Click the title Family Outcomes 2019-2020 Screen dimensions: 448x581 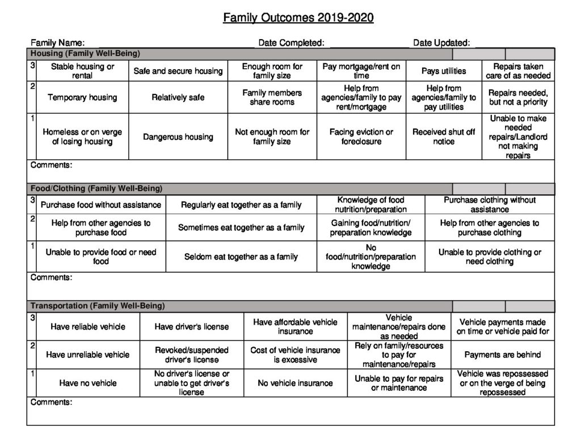[298, 18]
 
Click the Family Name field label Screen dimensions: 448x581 [58, 42]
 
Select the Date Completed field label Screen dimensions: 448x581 [291, 42]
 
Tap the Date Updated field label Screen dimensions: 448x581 [441, 42]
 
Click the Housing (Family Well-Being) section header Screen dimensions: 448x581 [85, 54]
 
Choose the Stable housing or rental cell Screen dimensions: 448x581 [82, 71]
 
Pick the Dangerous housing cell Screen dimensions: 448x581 [178, 136]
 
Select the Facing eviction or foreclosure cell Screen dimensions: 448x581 [361, 136]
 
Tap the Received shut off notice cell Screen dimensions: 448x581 [444, 136]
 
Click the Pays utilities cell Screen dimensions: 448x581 [444, 71]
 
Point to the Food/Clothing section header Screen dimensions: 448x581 [96, 189]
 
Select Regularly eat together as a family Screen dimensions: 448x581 [241, 204]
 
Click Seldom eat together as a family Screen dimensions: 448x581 [241, 257]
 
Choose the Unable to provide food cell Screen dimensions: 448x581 [100, 257]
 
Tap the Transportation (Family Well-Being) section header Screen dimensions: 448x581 [98, 306]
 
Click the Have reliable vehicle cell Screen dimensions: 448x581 [88, 326]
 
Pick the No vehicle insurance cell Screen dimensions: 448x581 [295, 383]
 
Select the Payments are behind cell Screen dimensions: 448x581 [503, 355]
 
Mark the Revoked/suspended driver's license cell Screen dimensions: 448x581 [192, 355]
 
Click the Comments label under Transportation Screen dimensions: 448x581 [51, 402]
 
